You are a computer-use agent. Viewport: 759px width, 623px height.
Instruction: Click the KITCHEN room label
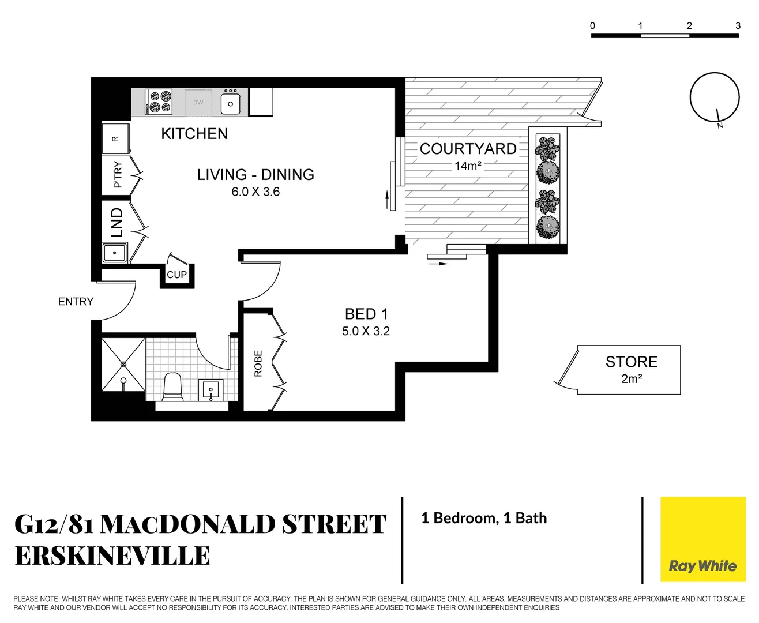point(194,134)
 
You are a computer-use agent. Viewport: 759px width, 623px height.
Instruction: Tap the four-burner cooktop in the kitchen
point(159,102)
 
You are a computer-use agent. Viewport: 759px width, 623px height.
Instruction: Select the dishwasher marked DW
point(198,103)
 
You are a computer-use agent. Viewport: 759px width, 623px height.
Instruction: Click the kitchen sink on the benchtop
point(231,103)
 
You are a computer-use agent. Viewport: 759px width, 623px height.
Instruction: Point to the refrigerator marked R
point(115,138)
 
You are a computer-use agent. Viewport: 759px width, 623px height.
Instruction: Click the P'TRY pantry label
point(118,174)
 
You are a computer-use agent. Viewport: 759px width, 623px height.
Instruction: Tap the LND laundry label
point(117,223)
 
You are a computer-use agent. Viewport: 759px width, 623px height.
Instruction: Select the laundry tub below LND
point(115,253)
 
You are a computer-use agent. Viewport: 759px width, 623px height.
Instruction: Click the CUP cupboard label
point(176,275)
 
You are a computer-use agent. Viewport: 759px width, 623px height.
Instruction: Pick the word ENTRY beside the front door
point(76,302)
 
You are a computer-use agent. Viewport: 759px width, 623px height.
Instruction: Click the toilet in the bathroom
point(172,386)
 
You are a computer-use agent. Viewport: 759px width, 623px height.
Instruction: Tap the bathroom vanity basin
point(211,390)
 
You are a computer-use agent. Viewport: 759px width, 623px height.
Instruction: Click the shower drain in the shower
point(123,364)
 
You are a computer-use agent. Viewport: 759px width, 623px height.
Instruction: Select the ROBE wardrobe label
point(258,363)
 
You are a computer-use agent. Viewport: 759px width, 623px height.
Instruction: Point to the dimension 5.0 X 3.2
point(366,331)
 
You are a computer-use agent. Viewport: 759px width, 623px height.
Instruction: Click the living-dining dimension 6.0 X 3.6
point(255,192)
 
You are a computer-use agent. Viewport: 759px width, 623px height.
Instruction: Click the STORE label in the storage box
point(631,362)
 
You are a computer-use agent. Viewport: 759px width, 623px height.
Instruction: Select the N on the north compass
point(720,126)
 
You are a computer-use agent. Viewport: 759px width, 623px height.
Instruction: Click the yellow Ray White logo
point(702,539)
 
